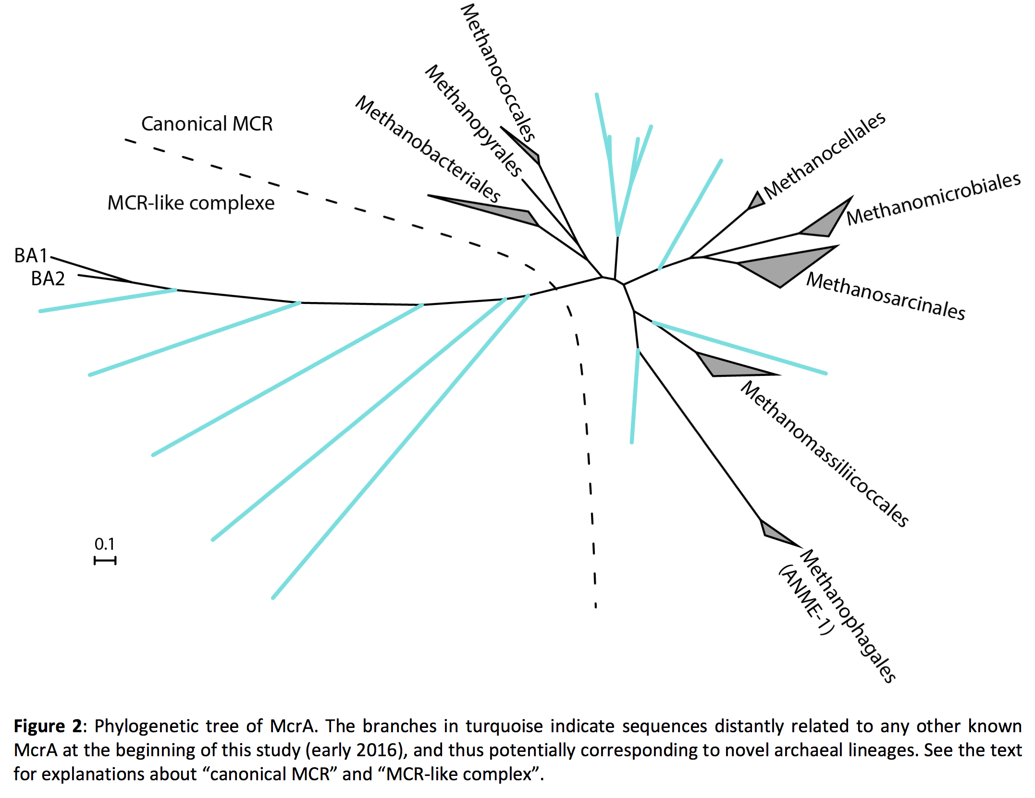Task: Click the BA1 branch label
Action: [31, 255]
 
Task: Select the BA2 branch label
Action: [48, 278]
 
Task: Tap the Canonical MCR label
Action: [207, 124]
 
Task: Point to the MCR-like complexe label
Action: [191, 203]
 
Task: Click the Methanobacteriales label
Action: [428, 148]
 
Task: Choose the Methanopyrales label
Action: [473, 121]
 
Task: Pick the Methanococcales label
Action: [498, 72]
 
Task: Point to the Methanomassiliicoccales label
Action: [825, 454]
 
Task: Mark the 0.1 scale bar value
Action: [104, 544]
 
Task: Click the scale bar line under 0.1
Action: [105, 560]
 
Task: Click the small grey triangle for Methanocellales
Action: [757, 201]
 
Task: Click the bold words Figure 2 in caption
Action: [48, 726]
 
